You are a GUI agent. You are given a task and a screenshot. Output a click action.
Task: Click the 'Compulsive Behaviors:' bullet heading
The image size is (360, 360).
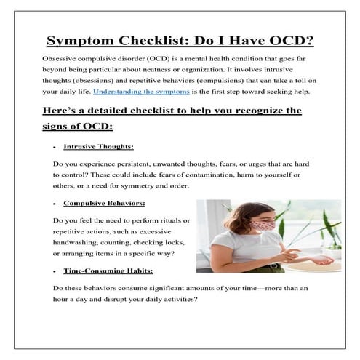click(104, 203)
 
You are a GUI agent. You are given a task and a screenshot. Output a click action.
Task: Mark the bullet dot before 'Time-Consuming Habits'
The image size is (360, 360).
click(55, 271)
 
